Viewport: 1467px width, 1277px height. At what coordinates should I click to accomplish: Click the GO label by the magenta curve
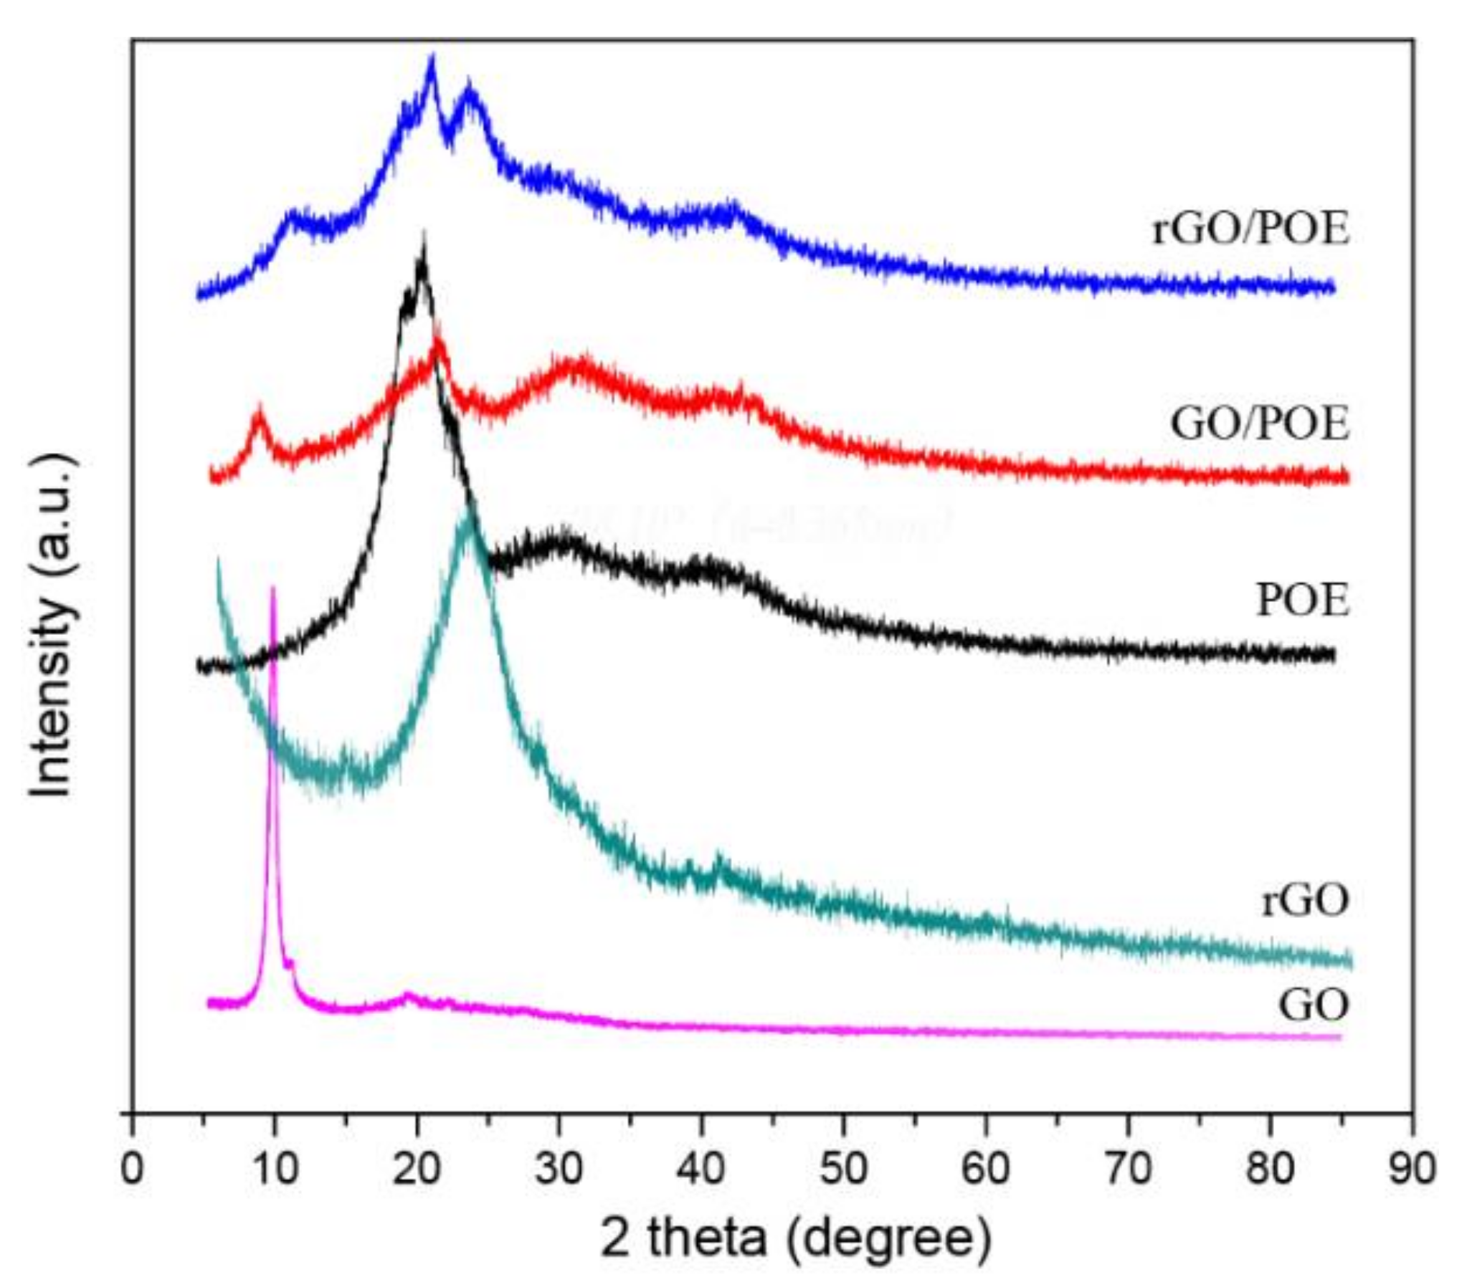click(x=1314, y=1005)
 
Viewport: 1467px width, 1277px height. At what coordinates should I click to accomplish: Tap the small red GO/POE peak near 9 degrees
click(x=259, y=410)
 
